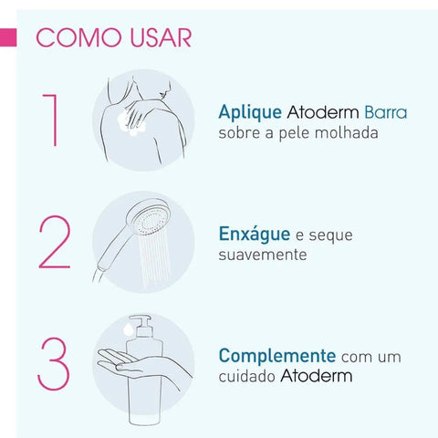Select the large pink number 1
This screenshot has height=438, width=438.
pos(53,119)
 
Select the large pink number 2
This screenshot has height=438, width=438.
pos(54,244)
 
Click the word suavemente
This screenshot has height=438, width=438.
pos(263,257)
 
